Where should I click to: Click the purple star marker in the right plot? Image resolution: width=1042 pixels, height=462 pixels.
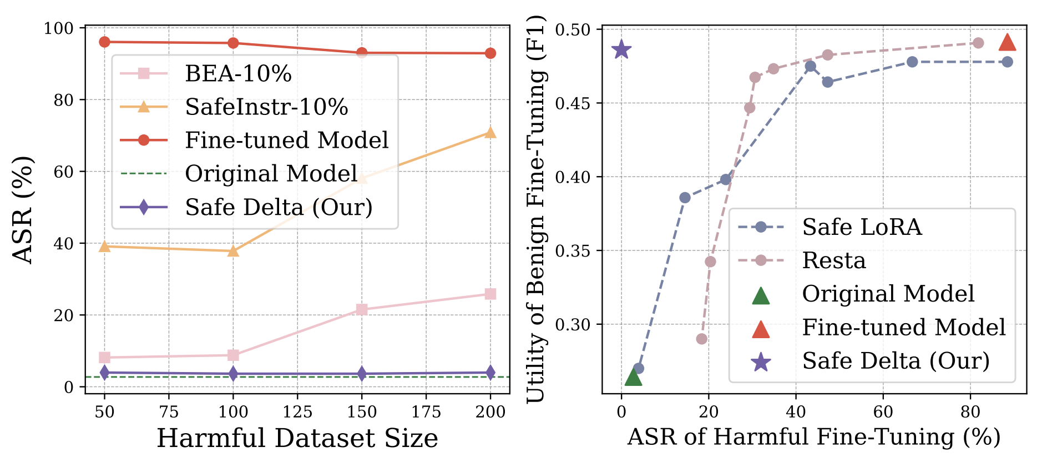(621, 50)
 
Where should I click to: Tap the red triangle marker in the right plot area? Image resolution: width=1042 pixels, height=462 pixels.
(1007, 43)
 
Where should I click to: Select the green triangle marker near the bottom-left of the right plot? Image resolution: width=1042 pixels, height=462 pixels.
(633, 378)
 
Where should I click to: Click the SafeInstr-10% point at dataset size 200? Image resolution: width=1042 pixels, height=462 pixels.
(490, 133)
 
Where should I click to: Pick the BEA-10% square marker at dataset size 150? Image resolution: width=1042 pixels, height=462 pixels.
(362, 309)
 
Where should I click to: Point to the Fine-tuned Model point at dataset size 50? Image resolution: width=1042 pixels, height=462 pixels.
(104, 42)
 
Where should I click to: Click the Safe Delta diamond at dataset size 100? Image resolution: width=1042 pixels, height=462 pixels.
(233, 374)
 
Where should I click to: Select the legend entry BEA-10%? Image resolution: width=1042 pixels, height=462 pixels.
(238, 73)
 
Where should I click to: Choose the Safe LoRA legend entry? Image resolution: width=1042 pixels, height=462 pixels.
(861, 227)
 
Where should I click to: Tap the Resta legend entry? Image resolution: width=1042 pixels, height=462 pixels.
(833, 260)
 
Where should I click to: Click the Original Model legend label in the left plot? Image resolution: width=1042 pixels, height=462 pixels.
(271, 174)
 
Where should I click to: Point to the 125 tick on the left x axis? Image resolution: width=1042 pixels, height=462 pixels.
(297, 412)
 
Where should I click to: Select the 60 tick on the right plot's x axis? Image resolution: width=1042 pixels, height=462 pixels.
(883, 412)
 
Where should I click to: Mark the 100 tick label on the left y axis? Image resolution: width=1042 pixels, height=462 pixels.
(58, 28)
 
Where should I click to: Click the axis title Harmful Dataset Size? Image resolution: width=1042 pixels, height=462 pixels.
(297, 439)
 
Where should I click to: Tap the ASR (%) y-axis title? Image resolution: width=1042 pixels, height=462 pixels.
(23, 210)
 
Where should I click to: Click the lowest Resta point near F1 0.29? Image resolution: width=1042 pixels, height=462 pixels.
(702, 339)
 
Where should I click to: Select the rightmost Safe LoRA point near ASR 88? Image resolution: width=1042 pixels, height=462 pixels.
(1007, 62)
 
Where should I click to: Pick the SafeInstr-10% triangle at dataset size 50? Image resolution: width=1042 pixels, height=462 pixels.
(104, 246)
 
